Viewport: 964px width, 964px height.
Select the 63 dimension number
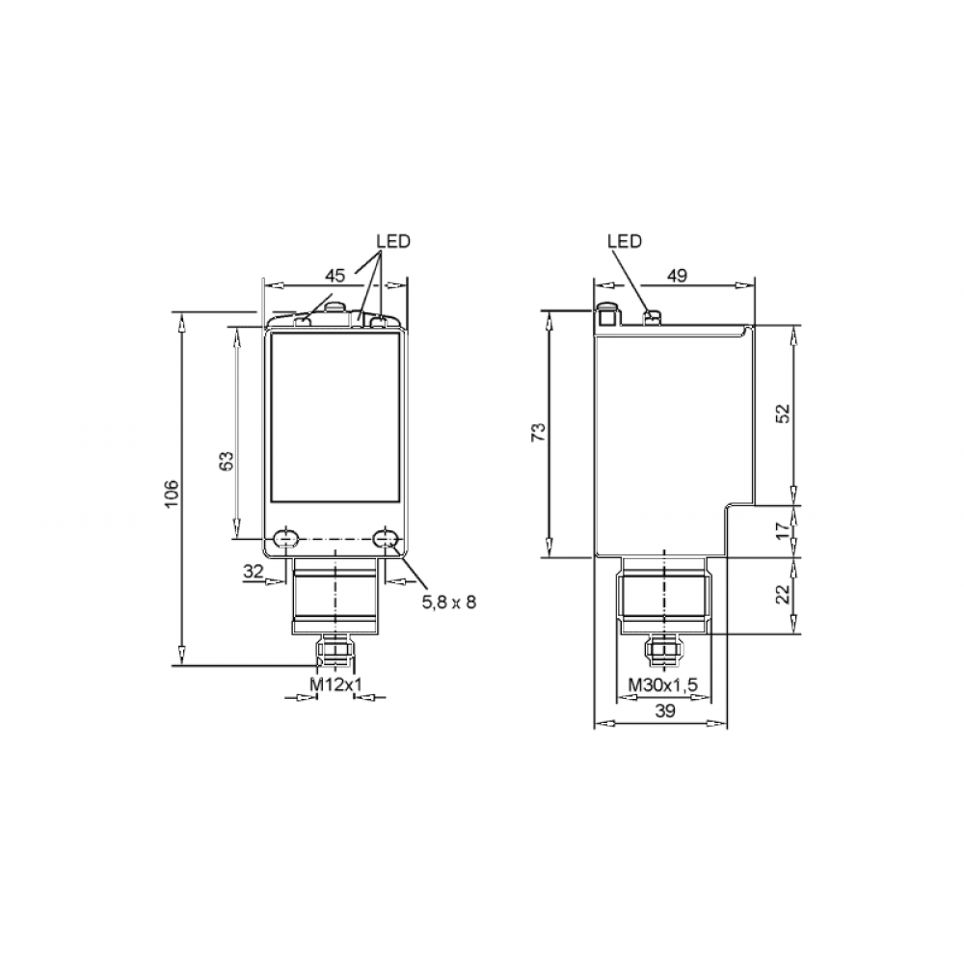(x=227, y=461)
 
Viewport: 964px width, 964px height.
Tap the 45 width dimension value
(x=335, y=276)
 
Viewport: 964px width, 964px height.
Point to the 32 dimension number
(x=254, y=572)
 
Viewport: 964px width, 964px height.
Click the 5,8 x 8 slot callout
(x=449, y=602)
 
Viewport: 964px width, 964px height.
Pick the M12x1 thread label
(x=336, y=684)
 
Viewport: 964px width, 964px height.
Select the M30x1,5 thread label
(x=663, y=684)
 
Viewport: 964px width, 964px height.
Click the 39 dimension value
(x=664, y=711)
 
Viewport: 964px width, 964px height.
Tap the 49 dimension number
(x=677, y=276)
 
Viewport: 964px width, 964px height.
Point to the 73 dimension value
(x=538, y=432)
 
